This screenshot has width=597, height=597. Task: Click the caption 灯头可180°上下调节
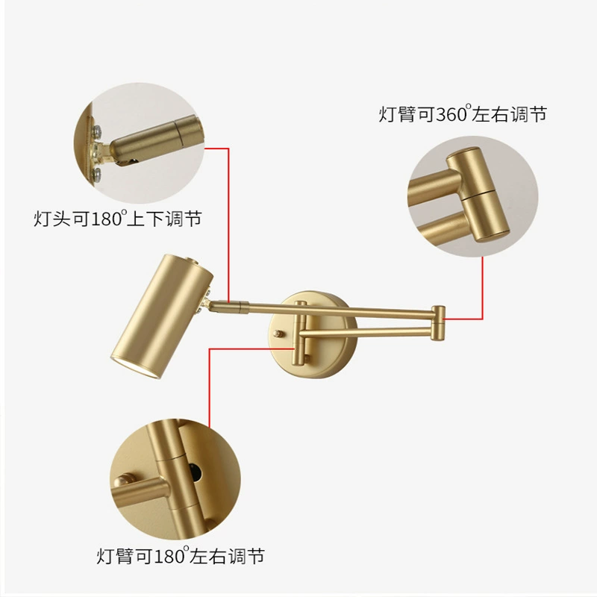[x=118, y=219]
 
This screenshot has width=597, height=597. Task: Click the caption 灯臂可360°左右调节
[x=463, y=114]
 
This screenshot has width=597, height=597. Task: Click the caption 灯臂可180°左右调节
[x=181, y=556]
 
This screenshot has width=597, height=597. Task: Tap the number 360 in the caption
[x=451, y=114]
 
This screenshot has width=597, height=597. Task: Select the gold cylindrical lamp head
[x=162, y=316]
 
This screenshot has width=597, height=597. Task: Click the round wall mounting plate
[x=313, y=334]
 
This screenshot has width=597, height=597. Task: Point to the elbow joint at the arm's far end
[x=438, y=322]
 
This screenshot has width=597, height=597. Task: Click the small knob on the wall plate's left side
[x=278, y=334]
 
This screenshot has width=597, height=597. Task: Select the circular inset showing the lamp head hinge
[x=140, y=143]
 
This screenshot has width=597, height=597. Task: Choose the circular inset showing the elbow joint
[x=473, y=196]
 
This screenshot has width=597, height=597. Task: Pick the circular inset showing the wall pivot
[x=175, y=479]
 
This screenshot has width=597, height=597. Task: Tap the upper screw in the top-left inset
[x=97, y=131]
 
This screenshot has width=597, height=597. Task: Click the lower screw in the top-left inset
[x=97, y=174]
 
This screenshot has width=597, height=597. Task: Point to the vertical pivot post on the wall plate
[x=300, y=332]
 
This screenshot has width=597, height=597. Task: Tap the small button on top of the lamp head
[x=191, y=260]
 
